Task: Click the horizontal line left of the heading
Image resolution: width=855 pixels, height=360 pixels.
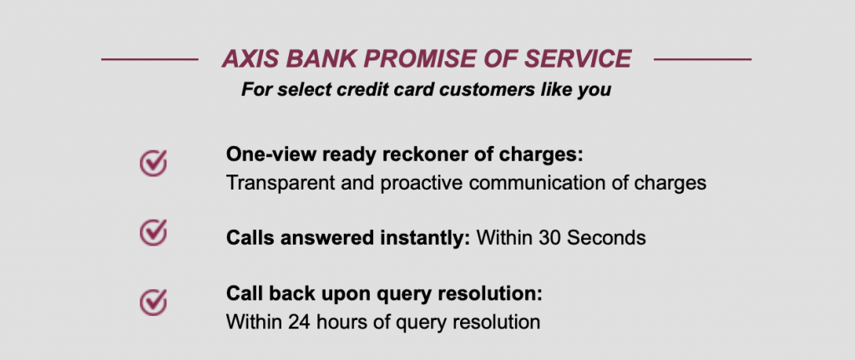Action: pyautogui.click(x=149, y=59)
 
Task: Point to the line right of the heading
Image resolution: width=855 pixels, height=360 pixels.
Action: pyautogui.click(x=702, y=59)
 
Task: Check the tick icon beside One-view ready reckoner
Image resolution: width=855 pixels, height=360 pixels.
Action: pyautogui.click(x=153, y=163)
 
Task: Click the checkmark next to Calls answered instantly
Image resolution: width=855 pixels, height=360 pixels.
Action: pyautogui.click(x=153, y=232)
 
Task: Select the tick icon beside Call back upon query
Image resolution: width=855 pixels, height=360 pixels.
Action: pyautogui.click(x=153, y=301)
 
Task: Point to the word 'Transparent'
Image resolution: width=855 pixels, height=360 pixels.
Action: pyautogui.click(x=276, y=182)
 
